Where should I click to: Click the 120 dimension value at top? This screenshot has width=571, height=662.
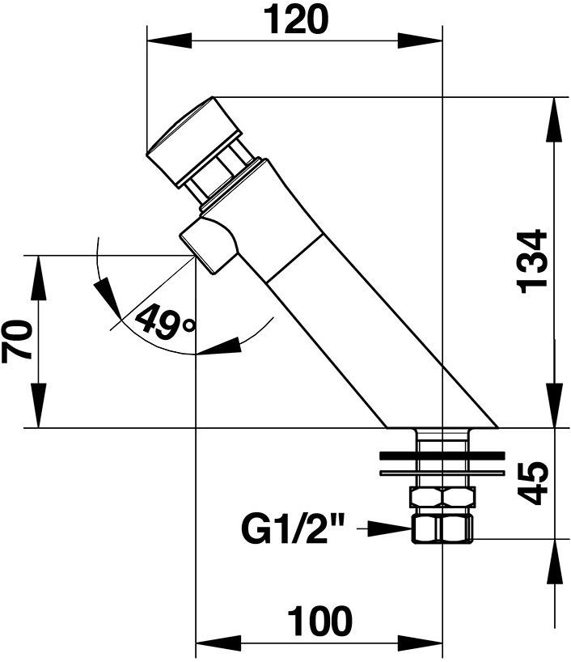click(295, 19)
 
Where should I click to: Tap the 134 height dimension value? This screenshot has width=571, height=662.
click(531, 261)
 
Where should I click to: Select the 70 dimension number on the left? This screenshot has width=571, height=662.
click(18, 340)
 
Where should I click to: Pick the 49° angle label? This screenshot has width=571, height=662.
click(165, 323)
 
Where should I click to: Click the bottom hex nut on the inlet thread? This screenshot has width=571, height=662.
click(442, 529)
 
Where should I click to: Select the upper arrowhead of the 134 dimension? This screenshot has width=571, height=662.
click(554, 113)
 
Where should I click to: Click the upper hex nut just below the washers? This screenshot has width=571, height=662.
click(442, 497)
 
